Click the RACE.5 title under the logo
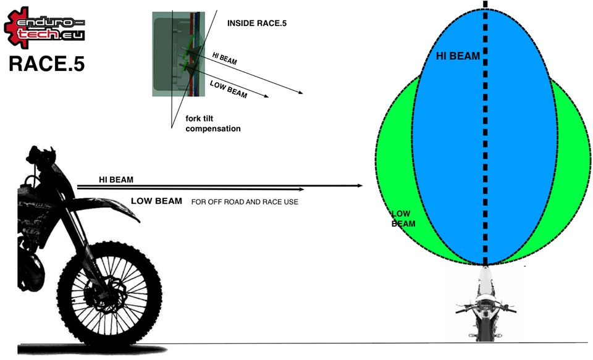(46, 64)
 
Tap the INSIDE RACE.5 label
(257, 23)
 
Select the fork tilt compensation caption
(213, 123)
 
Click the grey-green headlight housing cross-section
(179, 54)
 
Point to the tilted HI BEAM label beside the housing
(224, 59)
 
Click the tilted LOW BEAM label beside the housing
(229, 90)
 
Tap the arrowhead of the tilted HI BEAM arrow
(300, 92)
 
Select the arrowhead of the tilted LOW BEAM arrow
(266, 96)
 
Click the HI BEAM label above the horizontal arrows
(116, 180)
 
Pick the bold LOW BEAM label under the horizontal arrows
(156, 201)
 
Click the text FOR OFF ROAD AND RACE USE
(245, 202)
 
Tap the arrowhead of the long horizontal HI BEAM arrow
(360, 186)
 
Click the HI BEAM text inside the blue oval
(458, 56)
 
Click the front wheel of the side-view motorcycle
(110, 294)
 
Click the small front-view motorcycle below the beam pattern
(486, 304)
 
